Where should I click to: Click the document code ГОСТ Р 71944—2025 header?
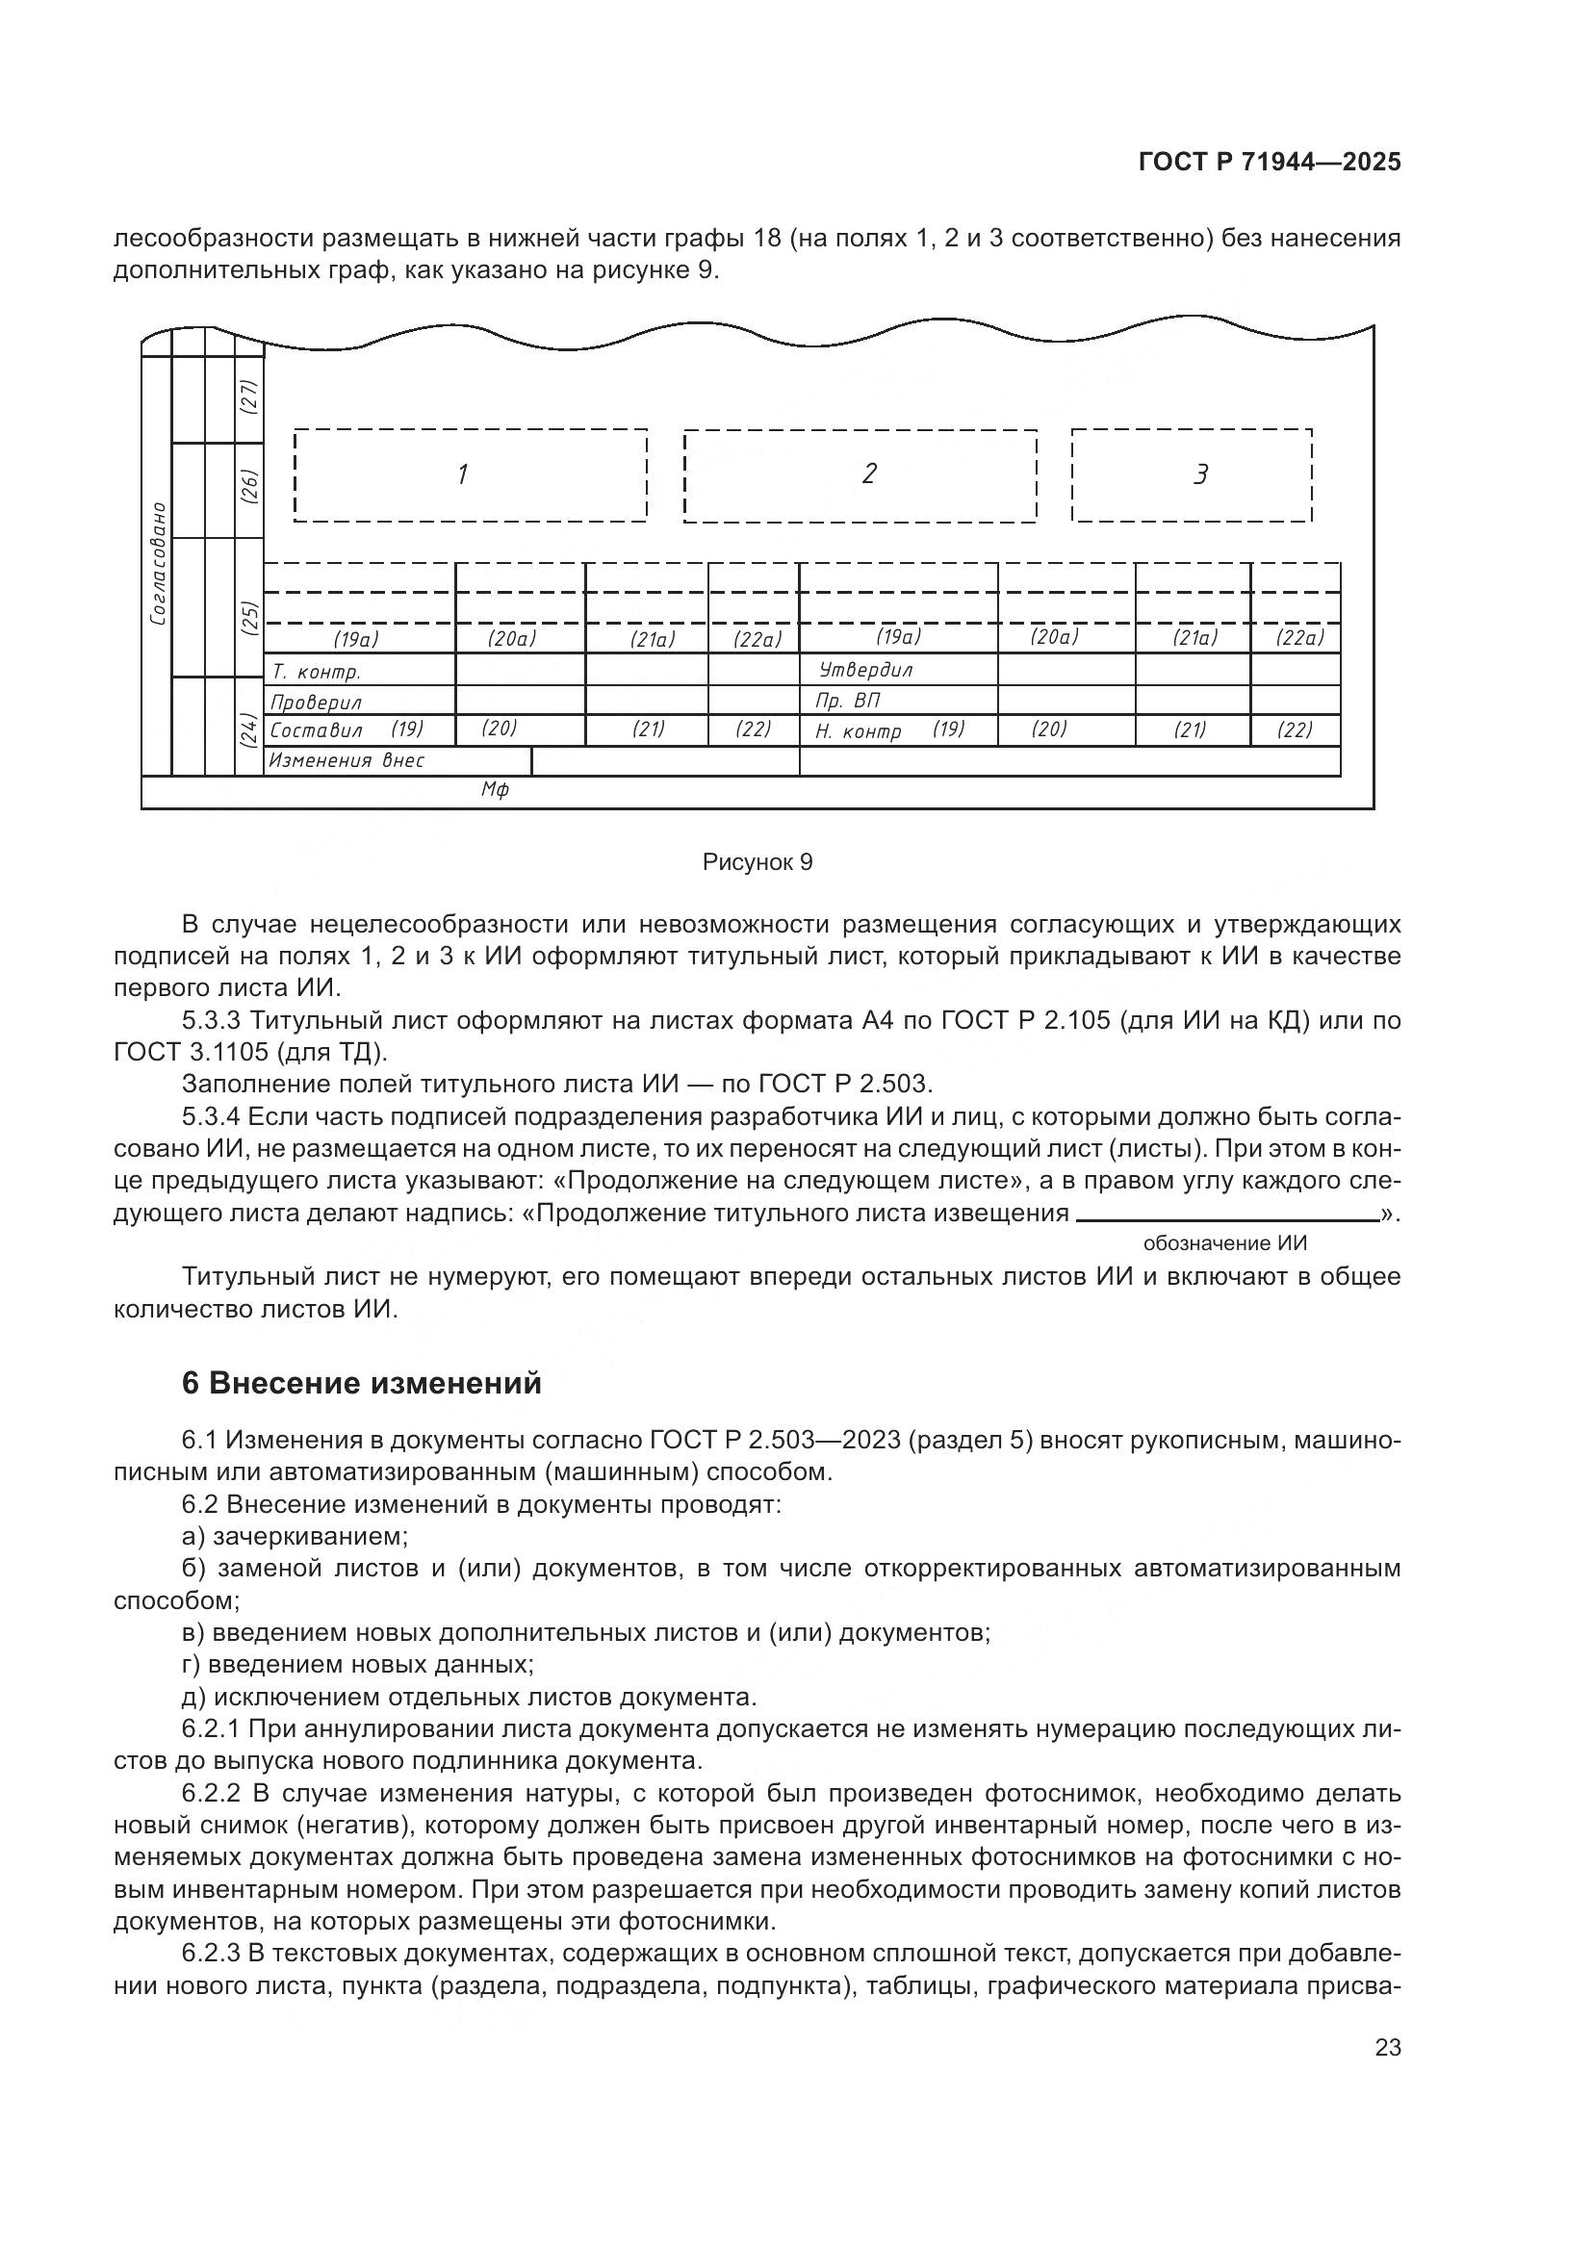point(1270,163)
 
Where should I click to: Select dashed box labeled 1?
point(470,475)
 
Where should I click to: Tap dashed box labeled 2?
point(860,475)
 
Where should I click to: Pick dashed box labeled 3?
point(1191,475)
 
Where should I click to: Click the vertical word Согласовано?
point(158,564)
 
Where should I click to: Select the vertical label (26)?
point(249,487)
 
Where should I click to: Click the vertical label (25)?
point(249,618)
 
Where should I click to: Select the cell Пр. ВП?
point(848,701)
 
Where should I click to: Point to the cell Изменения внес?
point(347,761)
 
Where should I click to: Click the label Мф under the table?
point(495,790)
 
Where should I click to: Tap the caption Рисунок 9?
point(757,862)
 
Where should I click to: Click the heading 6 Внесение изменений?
point(362,1383)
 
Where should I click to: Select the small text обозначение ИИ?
point(1224,1243)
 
